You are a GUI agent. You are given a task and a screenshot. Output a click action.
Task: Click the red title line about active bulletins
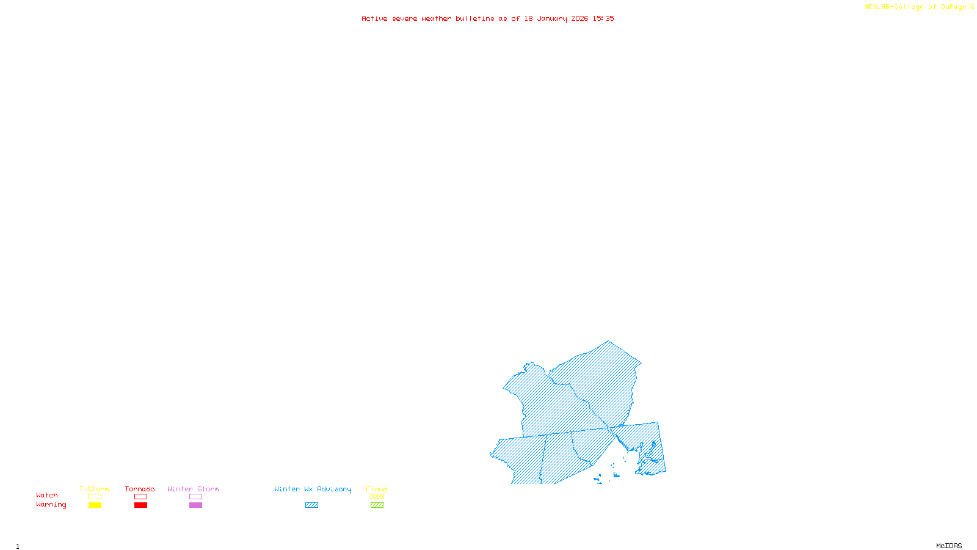pyautogui.click(x=488, y=18)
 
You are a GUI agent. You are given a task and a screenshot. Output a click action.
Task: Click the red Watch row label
pyautogui.click(x=47, y=495)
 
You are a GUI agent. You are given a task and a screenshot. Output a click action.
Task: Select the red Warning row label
pyautogui.click(x=51, y=505)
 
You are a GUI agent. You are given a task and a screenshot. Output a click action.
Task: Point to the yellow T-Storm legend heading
pyautogui.click(x=94, y=489)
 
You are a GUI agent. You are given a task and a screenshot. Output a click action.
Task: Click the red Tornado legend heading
pyautogui.click(x=140, y=489)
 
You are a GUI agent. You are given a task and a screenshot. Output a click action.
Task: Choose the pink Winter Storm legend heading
pyautogui.click(x=193, y=489)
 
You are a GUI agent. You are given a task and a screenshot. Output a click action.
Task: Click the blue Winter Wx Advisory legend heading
pyautogui.click(x=313, y=489)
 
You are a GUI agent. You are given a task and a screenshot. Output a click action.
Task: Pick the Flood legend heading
pyautogui.click(x=377, y=489)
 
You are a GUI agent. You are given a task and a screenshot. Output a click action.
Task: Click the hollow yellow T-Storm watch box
pyautogui.click(x=95, y=497)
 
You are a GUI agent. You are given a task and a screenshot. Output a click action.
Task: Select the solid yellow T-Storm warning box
pyautogui.click(x=95, y=505)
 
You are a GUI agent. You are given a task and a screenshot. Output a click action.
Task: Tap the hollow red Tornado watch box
pyautogui.click(x=140, y=497)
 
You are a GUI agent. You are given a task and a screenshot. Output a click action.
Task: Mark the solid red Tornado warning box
pyautogui.click(x=140, y=505)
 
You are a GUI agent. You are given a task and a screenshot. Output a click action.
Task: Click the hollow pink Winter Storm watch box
pyautogui.click(x=195, y=497)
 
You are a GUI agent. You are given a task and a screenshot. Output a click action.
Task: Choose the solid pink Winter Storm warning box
pyautogui.click(x=195, y=505)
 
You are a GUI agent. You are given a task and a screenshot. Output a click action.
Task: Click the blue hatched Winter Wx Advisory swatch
pyautogui.click(x=311, y=505)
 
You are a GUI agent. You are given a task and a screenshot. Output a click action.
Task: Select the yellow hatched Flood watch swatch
pyautogui.click(x=377, y=497)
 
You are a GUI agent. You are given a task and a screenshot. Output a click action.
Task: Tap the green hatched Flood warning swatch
pyautogui.click(x=377, y=505)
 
